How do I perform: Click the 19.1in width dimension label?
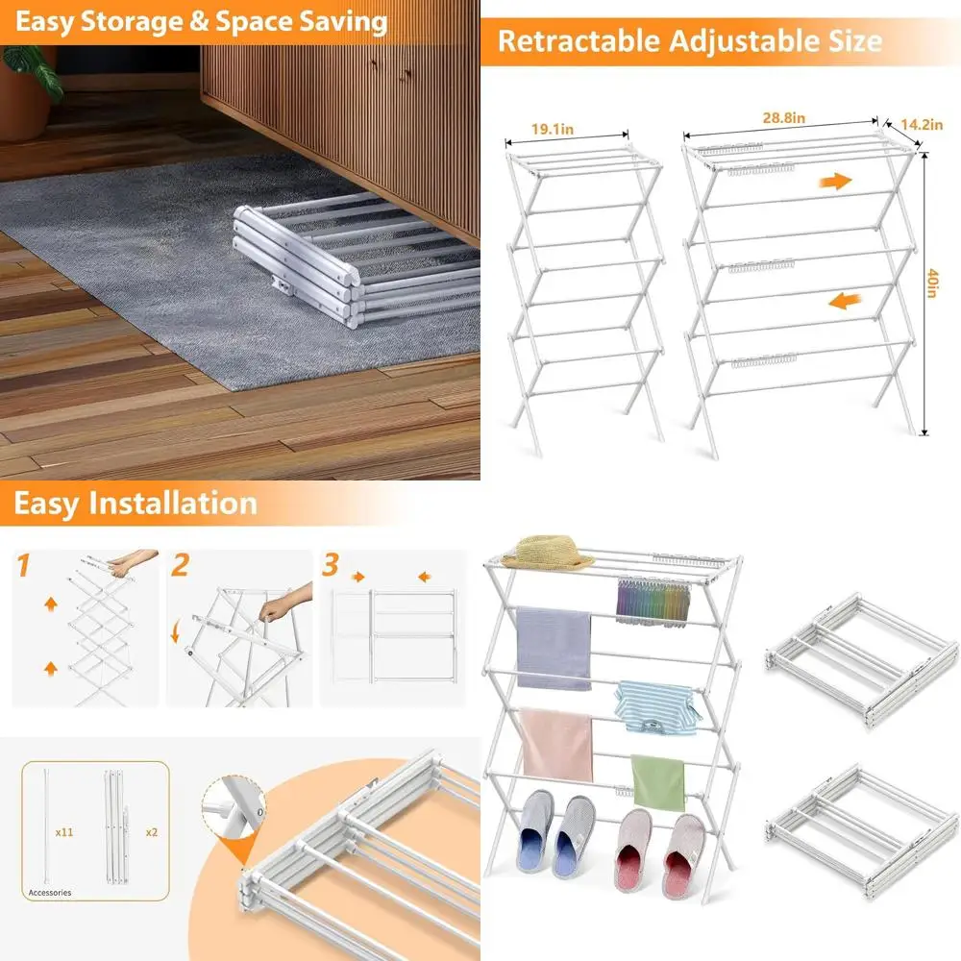553,130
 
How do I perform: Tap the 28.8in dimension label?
784,117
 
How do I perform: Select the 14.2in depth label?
922,124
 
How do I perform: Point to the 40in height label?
932,283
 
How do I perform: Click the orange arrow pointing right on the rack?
836,181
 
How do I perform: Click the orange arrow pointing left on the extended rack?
845,301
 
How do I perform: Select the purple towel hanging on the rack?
554,648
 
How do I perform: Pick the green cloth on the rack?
657,782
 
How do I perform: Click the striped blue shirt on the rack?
656,708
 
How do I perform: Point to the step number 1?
23,565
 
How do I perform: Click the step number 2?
181,565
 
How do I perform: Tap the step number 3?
331,564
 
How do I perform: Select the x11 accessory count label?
64,832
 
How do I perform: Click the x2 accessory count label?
152,832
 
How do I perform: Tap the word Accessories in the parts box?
50,893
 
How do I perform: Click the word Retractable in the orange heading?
579,41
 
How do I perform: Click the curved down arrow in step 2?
175,631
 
